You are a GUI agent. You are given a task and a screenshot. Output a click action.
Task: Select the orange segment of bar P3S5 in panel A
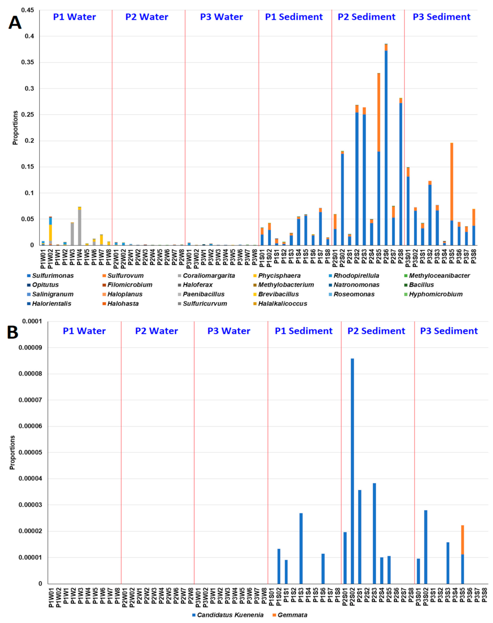click(x=452, y=182)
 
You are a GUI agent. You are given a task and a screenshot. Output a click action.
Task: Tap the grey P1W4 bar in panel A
click(x=80, y=228)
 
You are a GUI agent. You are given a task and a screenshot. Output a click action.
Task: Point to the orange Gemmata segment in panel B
click(x=463, y=540)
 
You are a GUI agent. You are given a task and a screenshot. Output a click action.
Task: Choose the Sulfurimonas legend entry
click(x=50, y=276)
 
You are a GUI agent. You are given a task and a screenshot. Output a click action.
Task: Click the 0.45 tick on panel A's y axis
click(x=28, y=10)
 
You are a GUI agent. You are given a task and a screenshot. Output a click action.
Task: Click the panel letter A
click(x=15, y=22)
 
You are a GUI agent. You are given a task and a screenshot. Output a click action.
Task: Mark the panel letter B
click(x=13, y=332)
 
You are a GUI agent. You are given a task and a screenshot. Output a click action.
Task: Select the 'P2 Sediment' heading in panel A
click(x=366, y=17)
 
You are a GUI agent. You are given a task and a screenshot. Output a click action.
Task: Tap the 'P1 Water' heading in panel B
click(x=84, y=331)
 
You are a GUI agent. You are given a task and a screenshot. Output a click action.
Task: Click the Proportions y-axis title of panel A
click(x=16, y=128)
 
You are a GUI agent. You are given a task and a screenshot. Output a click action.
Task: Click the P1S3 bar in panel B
click(x=301, y=548)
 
